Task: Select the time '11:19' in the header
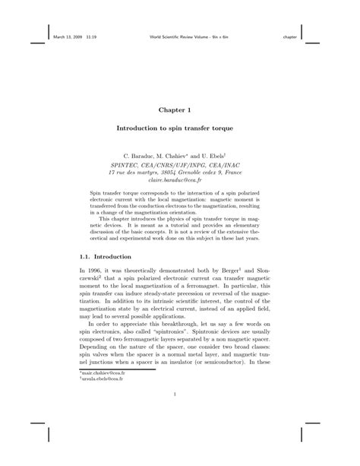pyautogui.click(x=90, y=36)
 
